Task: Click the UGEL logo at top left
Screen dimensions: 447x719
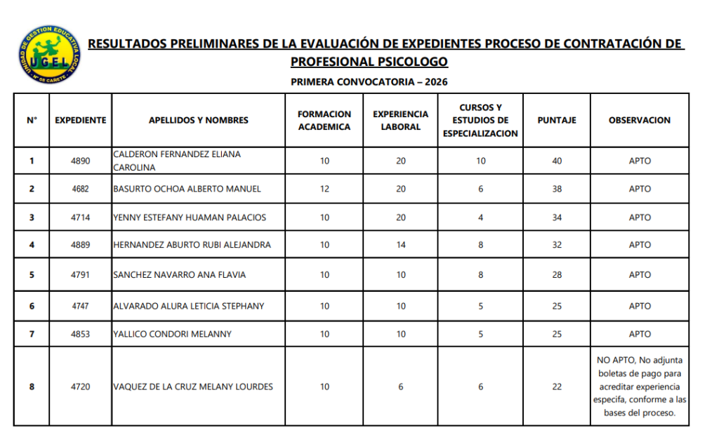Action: click(x=49, y=55)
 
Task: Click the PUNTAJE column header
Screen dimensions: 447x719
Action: click(x=557, y=120)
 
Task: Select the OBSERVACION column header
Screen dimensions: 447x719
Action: click(x=639, y=120)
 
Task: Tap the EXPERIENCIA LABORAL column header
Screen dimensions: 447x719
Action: click(x=400, y=120)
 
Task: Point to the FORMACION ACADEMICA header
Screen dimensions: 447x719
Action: click(x=324, y=120)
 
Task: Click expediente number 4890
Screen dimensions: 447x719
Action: click(x=81, y=161)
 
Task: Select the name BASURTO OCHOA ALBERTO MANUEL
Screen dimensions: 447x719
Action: click(x=187, y=189)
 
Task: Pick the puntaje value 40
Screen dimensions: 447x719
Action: click(x=557, y=161)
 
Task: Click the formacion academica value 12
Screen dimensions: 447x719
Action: click(x=324, y=189)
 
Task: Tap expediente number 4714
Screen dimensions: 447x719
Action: click(x=81, y=218)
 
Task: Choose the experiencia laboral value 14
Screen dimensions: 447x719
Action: click(x=400, y=245)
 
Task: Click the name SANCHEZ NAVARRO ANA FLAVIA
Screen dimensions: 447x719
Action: click(x=180, y=274)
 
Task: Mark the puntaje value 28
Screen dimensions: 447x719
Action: click(x=557, y=274)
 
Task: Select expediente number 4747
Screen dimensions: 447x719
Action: click(x=81, y=306)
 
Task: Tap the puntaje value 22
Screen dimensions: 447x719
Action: click(x=557, y=387)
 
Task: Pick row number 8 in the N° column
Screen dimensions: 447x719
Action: click(x=32, y=387)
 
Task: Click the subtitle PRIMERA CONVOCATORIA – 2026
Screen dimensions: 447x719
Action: click(x=369, y=81)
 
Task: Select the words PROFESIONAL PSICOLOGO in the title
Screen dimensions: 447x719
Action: click(x=369, y=62)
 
